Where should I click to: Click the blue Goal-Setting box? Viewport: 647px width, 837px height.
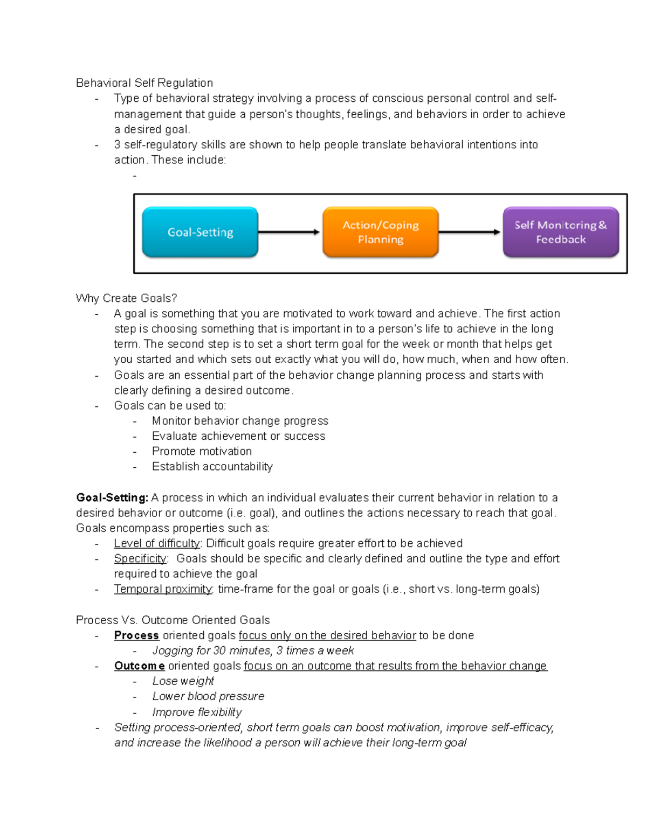[200, 232]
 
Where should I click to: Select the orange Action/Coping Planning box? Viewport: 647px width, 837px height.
[381, 232]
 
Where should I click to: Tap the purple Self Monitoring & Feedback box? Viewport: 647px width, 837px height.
[561, 232]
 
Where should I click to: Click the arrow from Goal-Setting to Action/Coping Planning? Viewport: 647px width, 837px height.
[289, 232]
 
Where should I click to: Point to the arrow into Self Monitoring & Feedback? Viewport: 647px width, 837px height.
[470, 232]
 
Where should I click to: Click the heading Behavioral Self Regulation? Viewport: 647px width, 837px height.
[144, 82]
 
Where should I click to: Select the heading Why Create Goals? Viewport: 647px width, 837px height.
[126, 298]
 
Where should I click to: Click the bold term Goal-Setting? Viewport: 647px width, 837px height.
[112, 497]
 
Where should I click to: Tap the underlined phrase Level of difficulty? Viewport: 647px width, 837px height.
[157, 543]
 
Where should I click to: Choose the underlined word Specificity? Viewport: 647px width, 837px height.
[140, 558]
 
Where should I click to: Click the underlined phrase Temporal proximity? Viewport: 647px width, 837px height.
[163, 589]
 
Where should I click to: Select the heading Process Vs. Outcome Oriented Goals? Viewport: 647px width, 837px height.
[173, 620]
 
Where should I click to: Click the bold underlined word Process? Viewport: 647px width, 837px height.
[136, 635]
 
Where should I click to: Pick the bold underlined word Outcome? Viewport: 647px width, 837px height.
[139, 666]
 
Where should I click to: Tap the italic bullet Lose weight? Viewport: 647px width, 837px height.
[183, 681]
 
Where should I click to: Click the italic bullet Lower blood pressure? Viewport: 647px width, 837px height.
[208, 696]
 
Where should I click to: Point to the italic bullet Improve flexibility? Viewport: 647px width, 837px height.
[197, 712]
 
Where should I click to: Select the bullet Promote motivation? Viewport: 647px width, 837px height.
[202, 451]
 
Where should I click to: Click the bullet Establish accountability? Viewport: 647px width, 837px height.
[212, 466]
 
